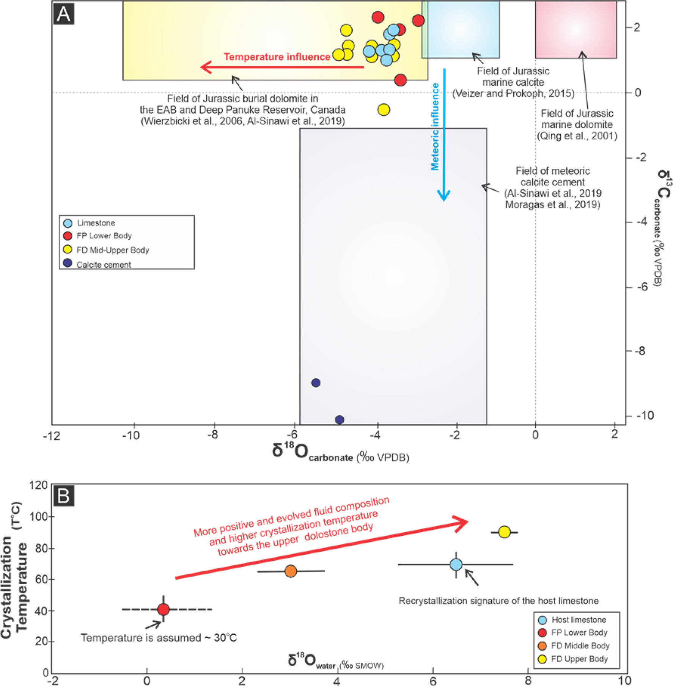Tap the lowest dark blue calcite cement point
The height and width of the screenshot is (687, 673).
point(340,420)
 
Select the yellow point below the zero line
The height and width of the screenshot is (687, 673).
point(384,110)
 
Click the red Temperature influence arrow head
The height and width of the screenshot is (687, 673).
point(205,67)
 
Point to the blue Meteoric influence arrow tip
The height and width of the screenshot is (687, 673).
point(443,198)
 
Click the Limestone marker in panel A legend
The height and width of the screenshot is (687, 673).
point(68,223)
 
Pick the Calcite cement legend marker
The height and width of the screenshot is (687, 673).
point(68,264)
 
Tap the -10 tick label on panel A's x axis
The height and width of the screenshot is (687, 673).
point(131,435)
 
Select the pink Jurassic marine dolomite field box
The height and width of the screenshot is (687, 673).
point(576,30)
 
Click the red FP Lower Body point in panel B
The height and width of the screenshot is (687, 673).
point(163,609)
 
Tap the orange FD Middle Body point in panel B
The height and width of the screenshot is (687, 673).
point(291,571)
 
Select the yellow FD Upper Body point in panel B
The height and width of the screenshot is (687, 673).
point(504,532)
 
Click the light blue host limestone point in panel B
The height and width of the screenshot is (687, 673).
point(456,565)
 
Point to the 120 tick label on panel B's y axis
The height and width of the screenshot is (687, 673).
point(39,485)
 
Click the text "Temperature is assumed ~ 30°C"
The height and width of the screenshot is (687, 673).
point(159,638)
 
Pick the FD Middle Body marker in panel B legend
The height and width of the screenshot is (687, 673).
point(542,646)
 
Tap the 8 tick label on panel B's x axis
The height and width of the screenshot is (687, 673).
point(528,681)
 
